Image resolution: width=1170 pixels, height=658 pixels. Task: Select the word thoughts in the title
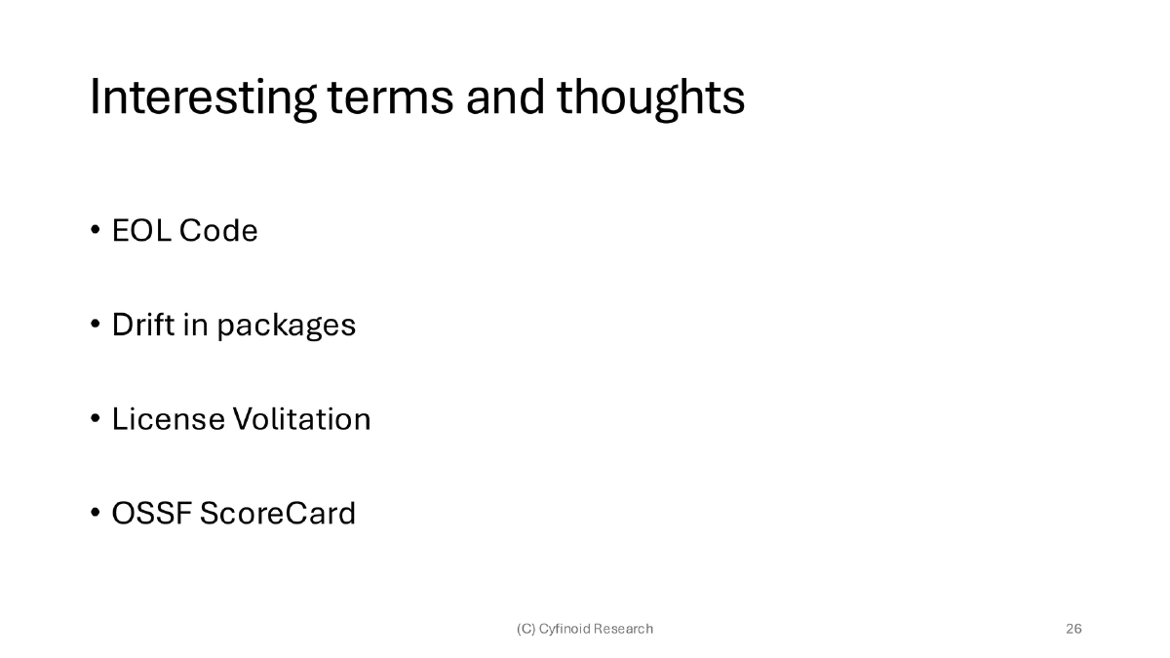pos(651,98)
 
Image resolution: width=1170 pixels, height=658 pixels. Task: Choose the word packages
pos(286,327)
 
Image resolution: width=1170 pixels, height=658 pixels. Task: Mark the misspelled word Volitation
pos(301,419)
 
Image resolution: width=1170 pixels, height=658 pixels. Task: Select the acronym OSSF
pos(151,513)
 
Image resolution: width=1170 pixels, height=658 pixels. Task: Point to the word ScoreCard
pos(278,513)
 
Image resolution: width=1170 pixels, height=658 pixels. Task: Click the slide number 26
pos(1073,629)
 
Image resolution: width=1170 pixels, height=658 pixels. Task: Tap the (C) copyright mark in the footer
pos(526,629)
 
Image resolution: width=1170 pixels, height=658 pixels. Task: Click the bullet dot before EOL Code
pos(96,231)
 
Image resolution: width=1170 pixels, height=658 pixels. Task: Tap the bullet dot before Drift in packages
pos(96,325)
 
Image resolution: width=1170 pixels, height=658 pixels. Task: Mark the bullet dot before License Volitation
pos(96,419)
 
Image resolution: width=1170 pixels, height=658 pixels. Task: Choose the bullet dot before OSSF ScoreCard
pos(96,513)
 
